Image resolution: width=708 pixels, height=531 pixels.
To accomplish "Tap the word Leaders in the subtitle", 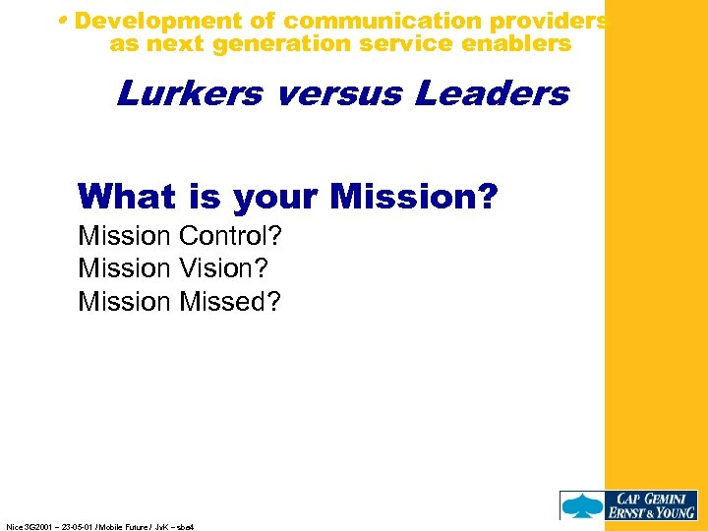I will click(492, 93).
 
